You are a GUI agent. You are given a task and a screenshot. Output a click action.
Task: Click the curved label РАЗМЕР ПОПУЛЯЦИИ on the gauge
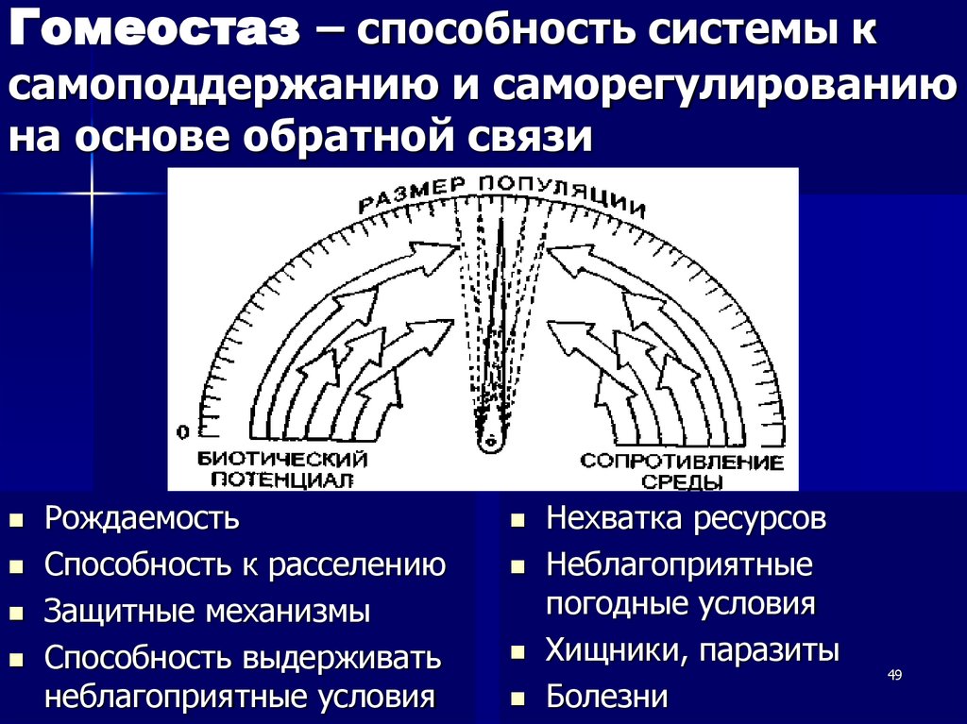[500, 194]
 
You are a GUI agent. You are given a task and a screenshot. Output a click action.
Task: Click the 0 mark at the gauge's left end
[183, 431]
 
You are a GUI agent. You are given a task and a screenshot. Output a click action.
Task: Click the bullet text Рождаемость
[142, 518]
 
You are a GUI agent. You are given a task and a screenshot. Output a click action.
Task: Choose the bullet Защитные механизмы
[207, 611]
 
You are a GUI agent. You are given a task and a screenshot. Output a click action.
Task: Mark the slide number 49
[895, 674]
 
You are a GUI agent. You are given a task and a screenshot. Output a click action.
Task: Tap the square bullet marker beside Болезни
[517, 699]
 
